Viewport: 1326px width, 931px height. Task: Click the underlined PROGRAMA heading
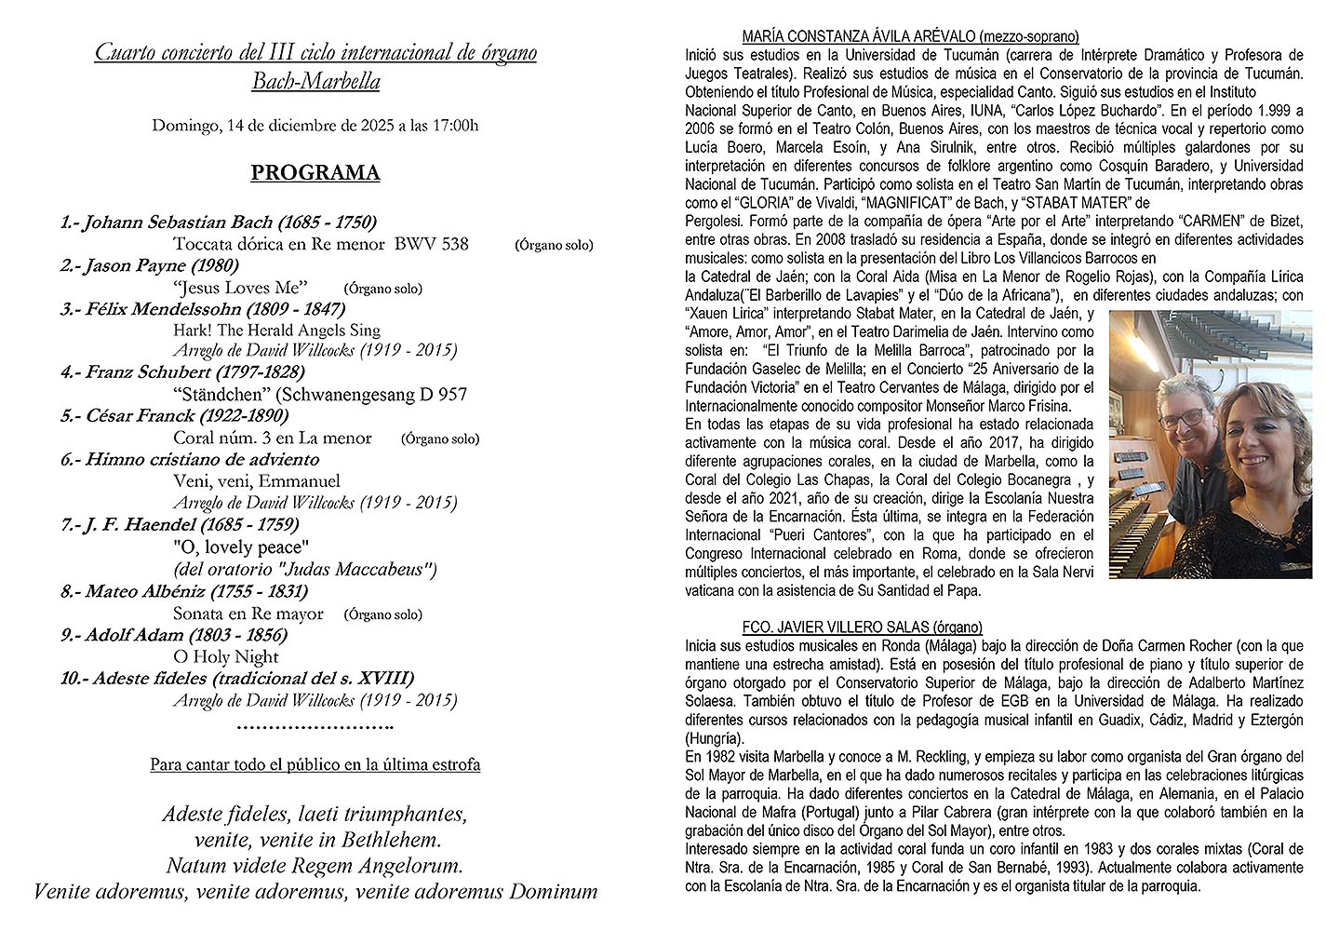(315, 173)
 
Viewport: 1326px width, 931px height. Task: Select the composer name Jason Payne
(136, 266)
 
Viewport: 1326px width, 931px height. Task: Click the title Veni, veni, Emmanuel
(257, 481)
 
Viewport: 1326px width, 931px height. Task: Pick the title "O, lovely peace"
(240, 547)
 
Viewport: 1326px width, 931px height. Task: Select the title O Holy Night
(226, 657)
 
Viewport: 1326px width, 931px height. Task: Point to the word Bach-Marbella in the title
(315, 82)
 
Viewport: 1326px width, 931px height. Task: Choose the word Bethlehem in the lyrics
(391, 840)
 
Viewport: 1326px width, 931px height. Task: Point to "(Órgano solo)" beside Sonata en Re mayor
(382, 614)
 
